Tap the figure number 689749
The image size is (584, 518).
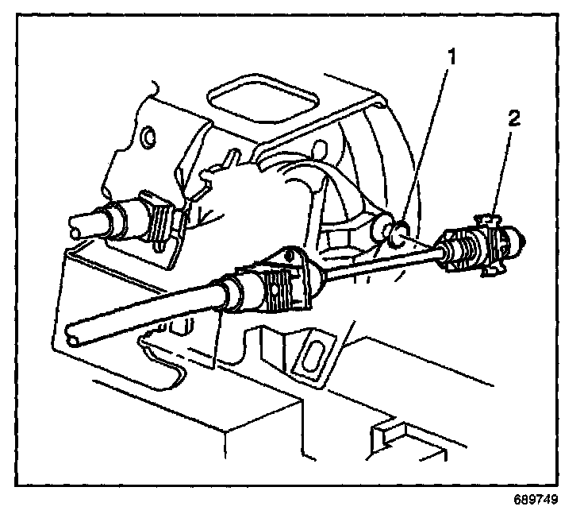[x=536, y=501]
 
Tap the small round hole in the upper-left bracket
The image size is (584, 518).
[x=147, y=138]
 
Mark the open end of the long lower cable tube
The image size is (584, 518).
[x=75, y=337]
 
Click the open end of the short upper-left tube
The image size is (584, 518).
[x=77, y=223]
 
